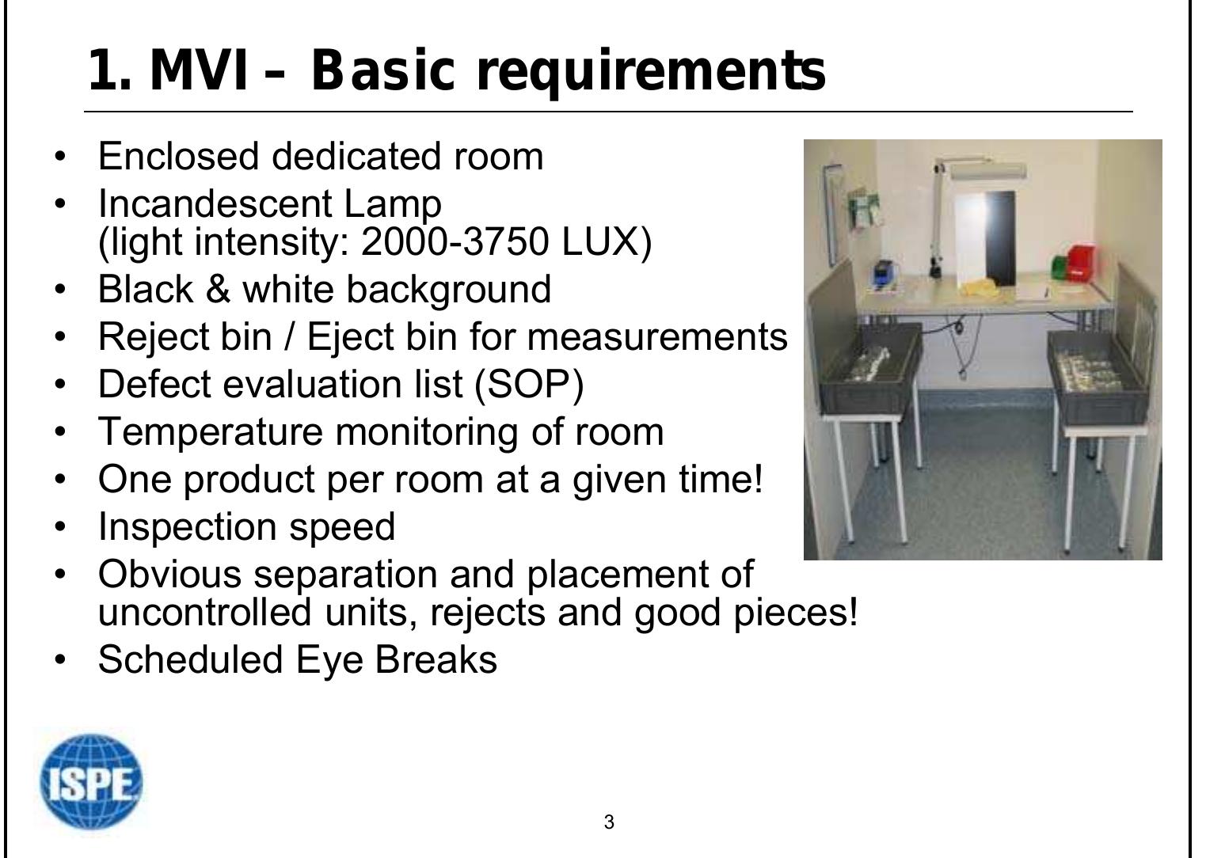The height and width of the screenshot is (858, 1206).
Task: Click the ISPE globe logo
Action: (91, 782)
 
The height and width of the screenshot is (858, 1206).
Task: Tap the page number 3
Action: (608, 822)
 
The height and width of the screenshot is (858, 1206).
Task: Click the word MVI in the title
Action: (198, 70)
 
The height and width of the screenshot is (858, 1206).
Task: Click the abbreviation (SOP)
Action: (529, 384)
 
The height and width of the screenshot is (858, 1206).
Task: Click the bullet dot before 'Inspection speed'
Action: (59, 527)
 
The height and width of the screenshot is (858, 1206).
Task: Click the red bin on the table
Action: (1082, 263)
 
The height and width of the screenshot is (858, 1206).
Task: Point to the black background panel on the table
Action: (1000, 237)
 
